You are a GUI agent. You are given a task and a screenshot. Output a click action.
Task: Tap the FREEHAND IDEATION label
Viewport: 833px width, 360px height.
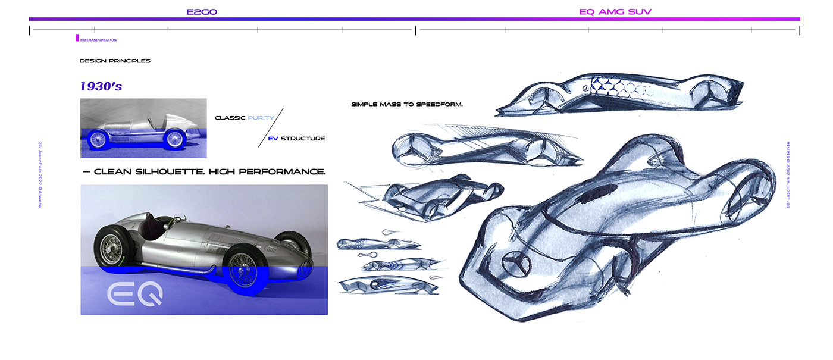[x=98, y=40]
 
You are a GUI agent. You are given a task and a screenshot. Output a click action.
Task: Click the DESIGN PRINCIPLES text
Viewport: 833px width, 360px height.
[x=115, y=61]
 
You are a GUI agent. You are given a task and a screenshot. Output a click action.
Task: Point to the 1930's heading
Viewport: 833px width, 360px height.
[x=101, y=86]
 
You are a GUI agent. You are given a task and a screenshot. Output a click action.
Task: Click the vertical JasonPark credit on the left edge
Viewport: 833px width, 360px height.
[x=40, y=174]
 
